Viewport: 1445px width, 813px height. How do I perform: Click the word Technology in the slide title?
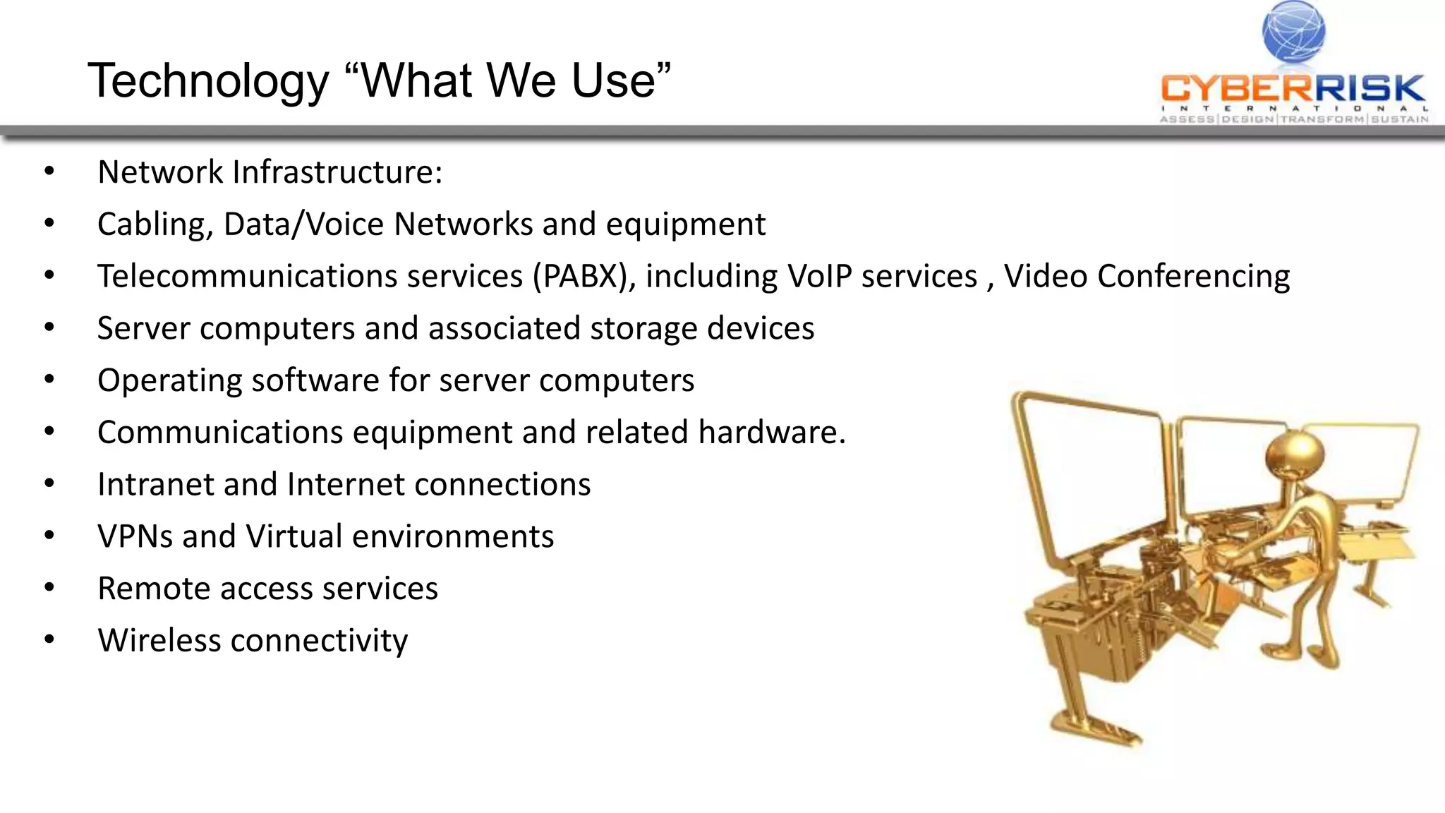(208, 82)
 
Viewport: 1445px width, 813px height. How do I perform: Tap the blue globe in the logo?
(1293, 31)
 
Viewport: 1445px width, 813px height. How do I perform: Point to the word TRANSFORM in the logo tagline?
(1323, 119)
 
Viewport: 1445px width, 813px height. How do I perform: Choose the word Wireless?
(159, 640)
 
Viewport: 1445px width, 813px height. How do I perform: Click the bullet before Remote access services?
(49, 588)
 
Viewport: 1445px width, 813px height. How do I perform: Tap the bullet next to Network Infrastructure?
(49, 172)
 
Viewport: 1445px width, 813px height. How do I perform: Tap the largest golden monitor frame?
(1090, 480)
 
